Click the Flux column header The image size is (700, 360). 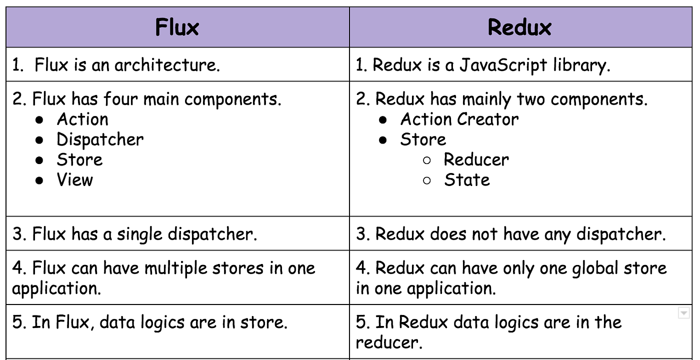pos(177,27)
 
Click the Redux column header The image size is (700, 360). pos(519,27)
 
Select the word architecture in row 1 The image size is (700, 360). pos(167,65)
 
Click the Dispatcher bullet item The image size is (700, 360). pos(100,139)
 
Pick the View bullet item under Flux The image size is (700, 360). pos(75,179)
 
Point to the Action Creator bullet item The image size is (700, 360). pos(459,119)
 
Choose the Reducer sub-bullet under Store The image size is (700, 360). pos(476,159)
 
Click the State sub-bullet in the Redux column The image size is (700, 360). pos(466,179)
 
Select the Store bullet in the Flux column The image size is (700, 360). pos(79,159)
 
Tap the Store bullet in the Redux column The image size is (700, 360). pos(423,139)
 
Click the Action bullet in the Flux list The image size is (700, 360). pos(82,119)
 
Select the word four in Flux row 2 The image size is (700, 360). pos(120,99)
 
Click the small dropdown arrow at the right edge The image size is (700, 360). pos(683,313)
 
